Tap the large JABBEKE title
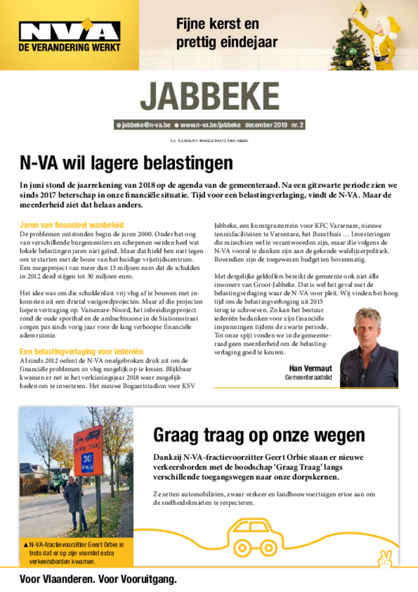(210, 98)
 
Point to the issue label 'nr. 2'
(297, 125)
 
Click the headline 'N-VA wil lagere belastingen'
(126, 162)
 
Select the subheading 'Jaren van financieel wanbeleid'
(72, 225)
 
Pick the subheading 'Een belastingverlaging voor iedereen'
(81, 351)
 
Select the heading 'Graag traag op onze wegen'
(259, 435)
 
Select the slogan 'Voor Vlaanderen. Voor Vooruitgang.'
(98, 579)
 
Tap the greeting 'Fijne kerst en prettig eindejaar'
(226, 33)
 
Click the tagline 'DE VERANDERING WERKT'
(69, 47)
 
